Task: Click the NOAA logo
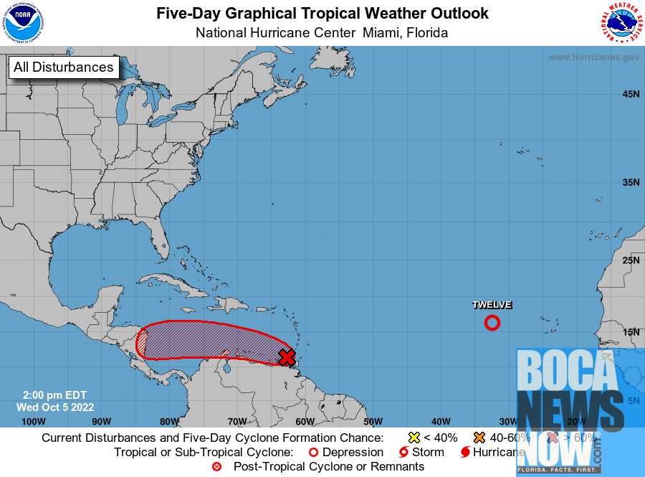pyautogui.click(x=24, y=23)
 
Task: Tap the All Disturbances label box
pyautogui.click(x=63, y=67)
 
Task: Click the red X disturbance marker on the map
pyautogui.click(x=287, y=356)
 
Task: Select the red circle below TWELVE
pyautogui.click(x=492, y=323)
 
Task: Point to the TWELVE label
pyautogui.click(x=492, y=305)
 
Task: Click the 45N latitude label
pyautogui.click(x=631, y=94)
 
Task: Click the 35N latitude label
pyautogui.click(x=631, y=182)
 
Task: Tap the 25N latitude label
pyautogui.click(x=631, y=260)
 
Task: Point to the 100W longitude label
pyautogui.click(x=34, y=421)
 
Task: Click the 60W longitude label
pyautogui.click(x=305, y=421)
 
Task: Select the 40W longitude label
pyautogui.click(x=440, y=421)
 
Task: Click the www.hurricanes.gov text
pyautogui.click(x=593, y=57)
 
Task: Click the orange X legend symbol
pyautogui.click(x=478, y=438)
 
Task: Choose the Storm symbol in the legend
pyautogui.click(x=403, y=453)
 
